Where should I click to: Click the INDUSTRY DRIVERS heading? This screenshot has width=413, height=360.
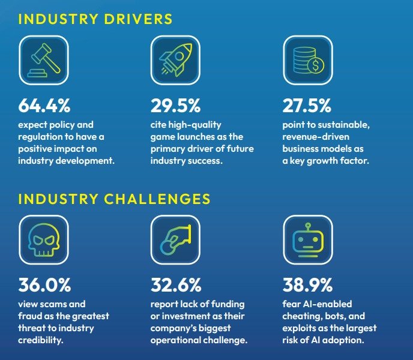[x=95, y=19]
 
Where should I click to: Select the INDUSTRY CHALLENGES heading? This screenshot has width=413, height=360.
[x=114, y=199]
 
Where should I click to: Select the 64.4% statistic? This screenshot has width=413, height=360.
[x=44, y=106]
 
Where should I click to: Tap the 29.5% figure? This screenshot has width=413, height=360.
[x=175, y=106]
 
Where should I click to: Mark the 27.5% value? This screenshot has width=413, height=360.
[x=307, y=106]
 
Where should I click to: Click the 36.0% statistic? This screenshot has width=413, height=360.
[x=44, y=284]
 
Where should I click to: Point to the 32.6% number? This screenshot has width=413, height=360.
[x=176, y=284]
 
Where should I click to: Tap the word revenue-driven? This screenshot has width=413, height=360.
[x=313, y=137]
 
